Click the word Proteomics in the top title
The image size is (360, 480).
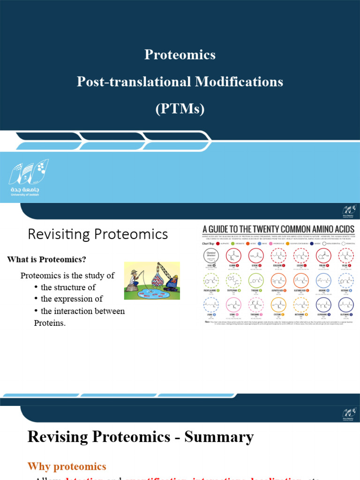point(180,55)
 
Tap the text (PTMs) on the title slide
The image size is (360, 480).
point(180,109)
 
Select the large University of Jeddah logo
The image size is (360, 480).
point(29,179)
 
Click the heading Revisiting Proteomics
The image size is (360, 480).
point(97,234)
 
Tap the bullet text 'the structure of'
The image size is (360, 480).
point(69,287)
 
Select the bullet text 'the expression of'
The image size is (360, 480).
point(71,299)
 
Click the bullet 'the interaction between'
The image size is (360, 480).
point(82,311)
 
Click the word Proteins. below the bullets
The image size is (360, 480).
point(50,323)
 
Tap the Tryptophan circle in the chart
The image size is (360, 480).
point(235,282)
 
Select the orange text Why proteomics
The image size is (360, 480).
point(67,466)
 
